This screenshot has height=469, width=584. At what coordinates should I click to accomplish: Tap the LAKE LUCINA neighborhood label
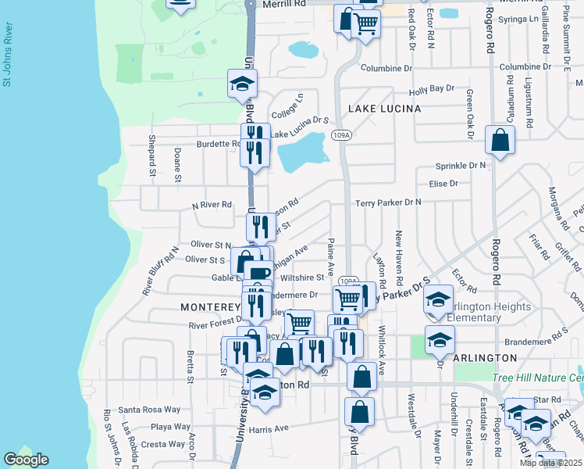coord(384,109)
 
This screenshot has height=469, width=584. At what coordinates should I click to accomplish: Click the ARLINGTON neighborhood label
coord(484,358)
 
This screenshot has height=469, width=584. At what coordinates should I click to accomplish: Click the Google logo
coord(26,459)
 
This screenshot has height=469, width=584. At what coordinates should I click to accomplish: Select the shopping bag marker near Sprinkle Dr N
coord(500,141)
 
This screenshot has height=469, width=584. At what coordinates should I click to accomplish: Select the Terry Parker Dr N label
coord(388,202)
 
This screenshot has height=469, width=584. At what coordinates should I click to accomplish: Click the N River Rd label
coord(212,205)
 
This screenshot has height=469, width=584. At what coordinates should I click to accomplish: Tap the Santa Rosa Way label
coord(149,410)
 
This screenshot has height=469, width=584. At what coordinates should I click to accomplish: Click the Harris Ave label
coord(269,428)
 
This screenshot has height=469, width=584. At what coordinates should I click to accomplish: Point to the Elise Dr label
coord(443,184)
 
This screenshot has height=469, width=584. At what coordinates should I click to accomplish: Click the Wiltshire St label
coord(301,277)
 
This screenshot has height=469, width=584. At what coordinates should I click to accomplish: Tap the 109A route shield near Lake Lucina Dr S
coord(339,135)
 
